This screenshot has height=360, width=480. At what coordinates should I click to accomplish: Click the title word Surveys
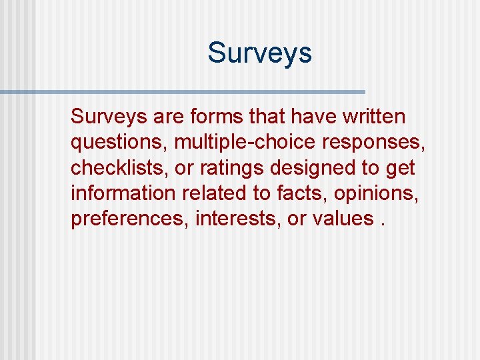[x=259, y=53]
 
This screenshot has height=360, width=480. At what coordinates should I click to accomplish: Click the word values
[x=340, y=219]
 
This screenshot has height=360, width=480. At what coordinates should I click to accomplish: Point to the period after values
[x=383, y=224]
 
